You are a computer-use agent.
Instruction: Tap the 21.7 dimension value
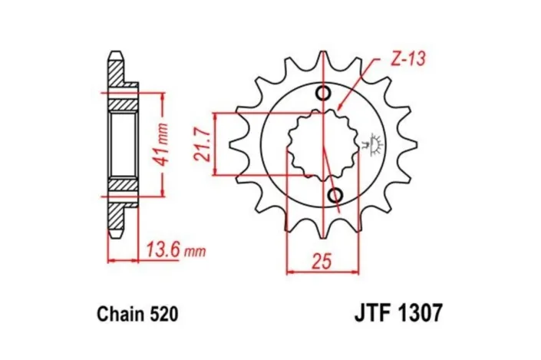203,144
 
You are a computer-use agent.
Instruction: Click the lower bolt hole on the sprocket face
335,197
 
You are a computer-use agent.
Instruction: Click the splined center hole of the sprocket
322,144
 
